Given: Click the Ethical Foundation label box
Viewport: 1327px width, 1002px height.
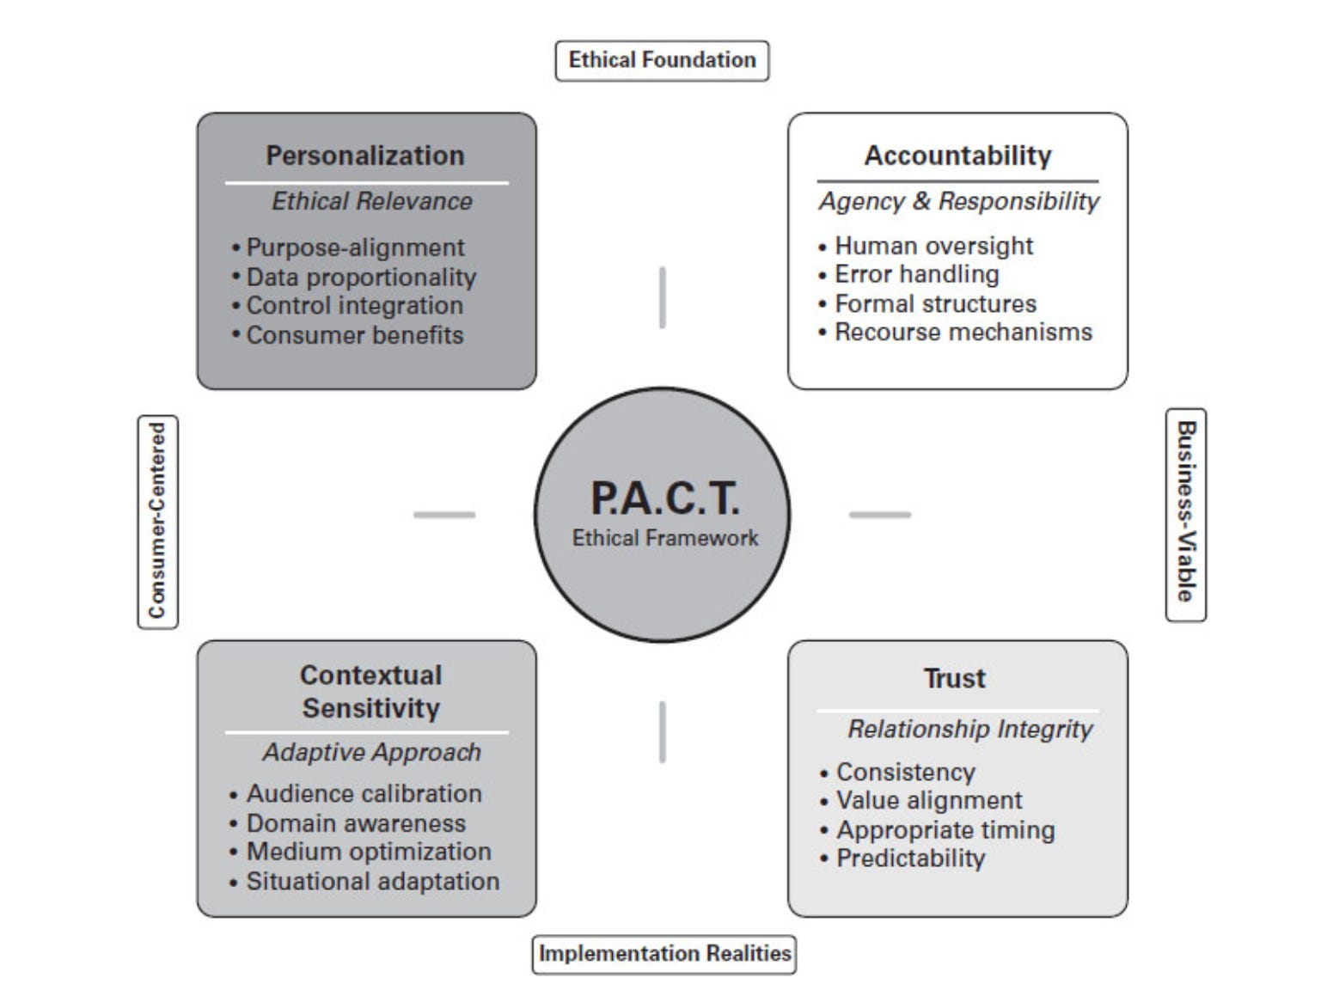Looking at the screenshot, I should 662,60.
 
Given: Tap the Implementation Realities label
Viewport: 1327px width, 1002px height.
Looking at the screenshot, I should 664,954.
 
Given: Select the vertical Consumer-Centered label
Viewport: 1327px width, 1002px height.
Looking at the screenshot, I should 157,521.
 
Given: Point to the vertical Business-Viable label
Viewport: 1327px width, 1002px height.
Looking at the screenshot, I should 1186,513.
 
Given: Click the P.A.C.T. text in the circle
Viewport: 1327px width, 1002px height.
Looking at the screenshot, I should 664,498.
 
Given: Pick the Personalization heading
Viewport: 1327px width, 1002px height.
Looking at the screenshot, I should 365,156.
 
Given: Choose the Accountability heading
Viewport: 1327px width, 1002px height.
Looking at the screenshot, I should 957,156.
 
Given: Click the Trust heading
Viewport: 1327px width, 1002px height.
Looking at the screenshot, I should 955,679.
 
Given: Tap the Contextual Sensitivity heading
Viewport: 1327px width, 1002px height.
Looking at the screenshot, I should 370,692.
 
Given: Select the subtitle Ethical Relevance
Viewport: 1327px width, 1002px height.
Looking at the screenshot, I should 372,201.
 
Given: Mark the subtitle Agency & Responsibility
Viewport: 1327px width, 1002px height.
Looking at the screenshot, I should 959,201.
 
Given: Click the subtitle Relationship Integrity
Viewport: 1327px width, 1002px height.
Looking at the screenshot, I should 970,730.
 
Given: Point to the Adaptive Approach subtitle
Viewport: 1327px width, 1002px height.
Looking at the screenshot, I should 372,753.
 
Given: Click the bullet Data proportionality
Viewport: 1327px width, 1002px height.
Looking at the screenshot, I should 361,278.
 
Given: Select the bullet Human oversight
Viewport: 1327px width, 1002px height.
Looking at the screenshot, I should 933,246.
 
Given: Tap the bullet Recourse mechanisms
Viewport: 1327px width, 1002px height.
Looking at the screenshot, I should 963,333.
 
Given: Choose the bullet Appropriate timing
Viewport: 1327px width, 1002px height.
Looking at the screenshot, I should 945,830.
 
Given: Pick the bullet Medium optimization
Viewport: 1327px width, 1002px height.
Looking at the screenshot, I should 369,852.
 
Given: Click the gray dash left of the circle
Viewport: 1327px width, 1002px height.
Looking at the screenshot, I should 444,515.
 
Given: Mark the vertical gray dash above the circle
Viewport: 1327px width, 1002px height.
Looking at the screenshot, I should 662,297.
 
